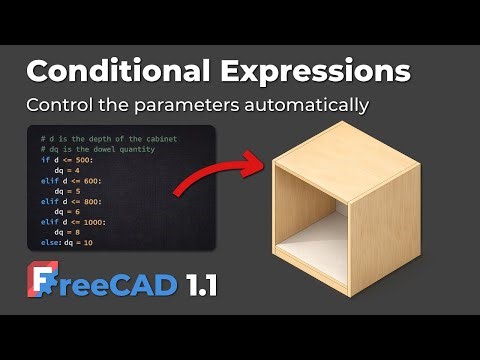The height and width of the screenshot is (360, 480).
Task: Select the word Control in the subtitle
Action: click(57, 105)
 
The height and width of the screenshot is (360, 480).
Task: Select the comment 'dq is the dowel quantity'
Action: click(101, 149)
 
